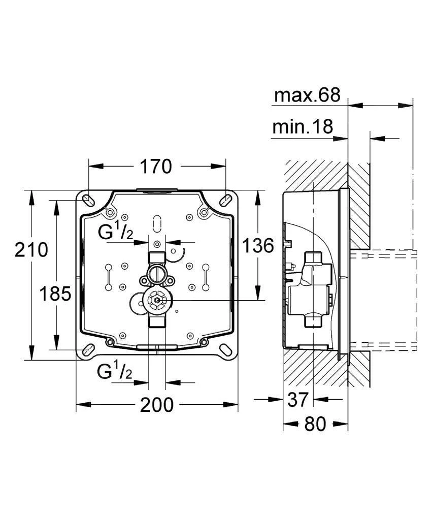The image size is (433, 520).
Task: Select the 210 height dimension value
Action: pos(31,250)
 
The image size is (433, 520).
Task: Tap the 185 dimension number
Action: pos(56,294)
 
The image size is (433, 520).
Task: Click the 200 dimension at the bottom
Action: pos(157,405)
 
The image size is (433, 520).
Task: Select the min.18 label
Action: pos(303,126)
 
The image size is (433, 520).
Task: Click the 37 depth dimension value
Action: pos(297,400)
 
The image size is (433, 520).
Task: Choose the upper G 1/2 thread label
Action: pos(116,234)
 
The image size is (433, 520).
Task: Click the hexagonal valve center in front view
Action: pos(156,301)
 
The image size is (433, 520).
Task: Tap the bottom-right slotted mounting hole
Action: pos(226,350)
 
